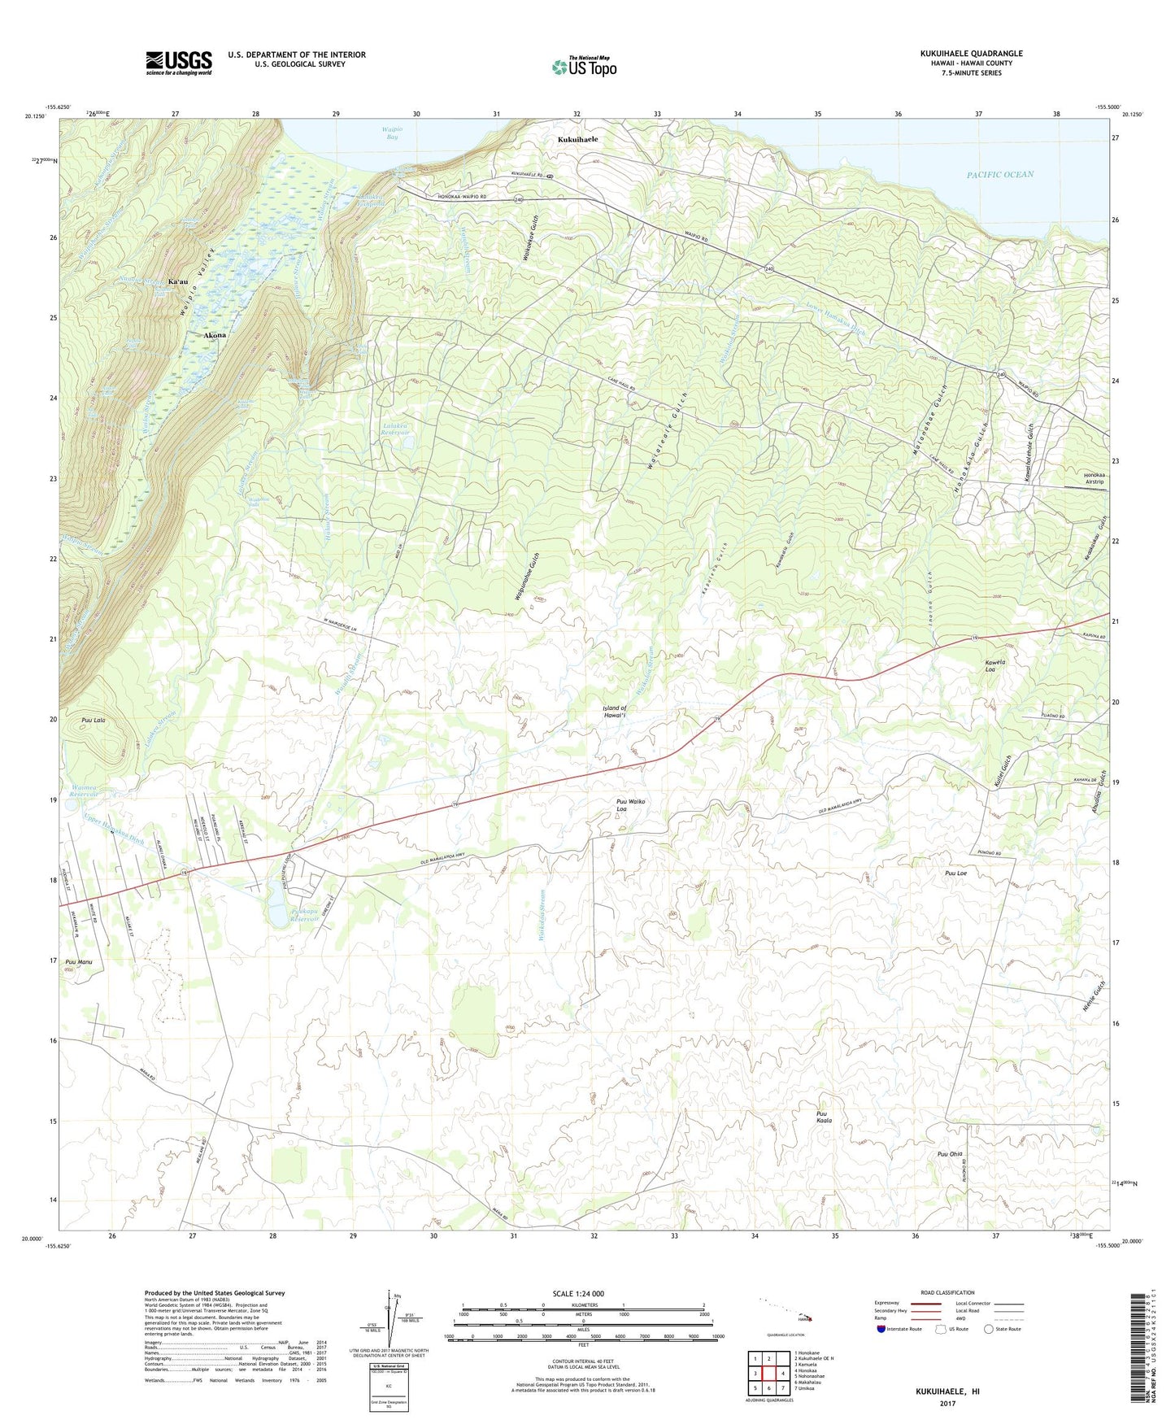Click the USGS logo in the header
(x=179, y=62)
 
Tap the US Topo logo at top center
(x=584, y=67)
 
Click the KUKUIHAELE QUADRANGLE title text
(x=971, y=54)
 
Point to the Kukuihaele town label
(x=577, y=139)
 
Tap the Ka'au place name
(x=178, y=281)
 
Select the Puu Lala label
(x=94, y=721)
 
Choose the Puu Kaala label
(x=824, y=1117)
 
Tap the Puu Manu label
(x=79, y=962)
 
